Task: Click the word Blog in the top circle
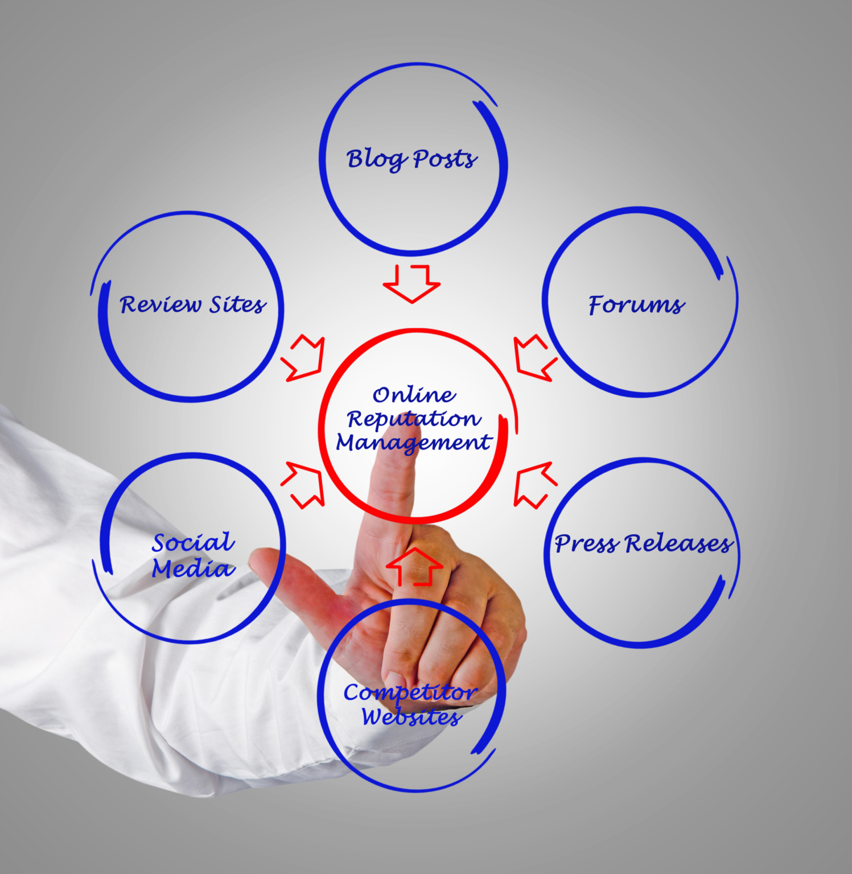click(x=376, y=159)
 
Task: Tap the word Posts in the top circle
click(x=445, y=159)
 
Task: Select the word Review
click(x=160, y=304)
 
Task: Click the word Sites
click(x=238, y=304)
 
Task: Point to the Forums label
click(x=637, y=305)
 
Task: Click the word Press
click(x=587, y=543)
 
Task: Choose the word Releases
click(x=680, y=543)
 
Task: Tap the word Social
click(x=194, y=542)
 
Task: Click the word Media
click(x=194, y=568)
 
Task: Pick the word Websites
click(x=411, y=717)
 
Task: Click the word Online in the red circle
click(x=414, y=394)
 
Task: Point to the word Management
click(x=414, y=443)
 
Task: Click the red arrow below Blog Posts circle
click(x=411, y=283)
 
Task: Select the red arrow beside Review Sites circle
click(x=303, y=358)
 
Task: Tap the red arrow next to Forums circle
click(x=535, y=357)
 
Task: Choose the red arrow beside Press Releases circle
click(x=535, y=484)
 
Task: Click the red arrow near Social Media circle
click(x=303, y=484)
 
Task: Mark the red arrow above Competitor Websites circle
click(x=414, y=567)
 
